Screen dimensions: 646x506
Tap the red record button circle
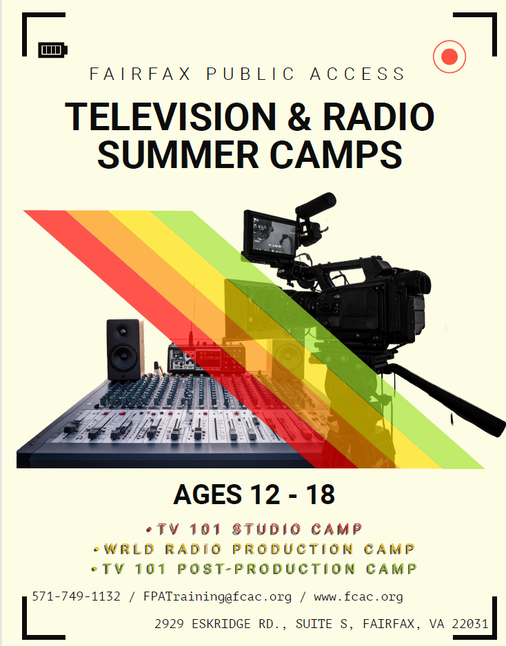coord(449,56)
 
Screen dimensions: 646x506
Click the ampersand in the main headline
coord(301,117)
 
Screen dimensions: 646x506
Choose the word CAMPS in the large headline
coord(336,156)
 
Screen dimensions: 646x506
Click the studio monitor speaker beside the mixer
coord(125,349)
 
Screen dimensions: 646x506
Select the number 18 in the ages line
coord(318,494)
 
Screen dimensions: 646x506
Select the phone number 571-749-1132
coord(76,596)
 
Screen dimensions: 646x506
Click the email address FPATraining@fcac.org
coord(217,596)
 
